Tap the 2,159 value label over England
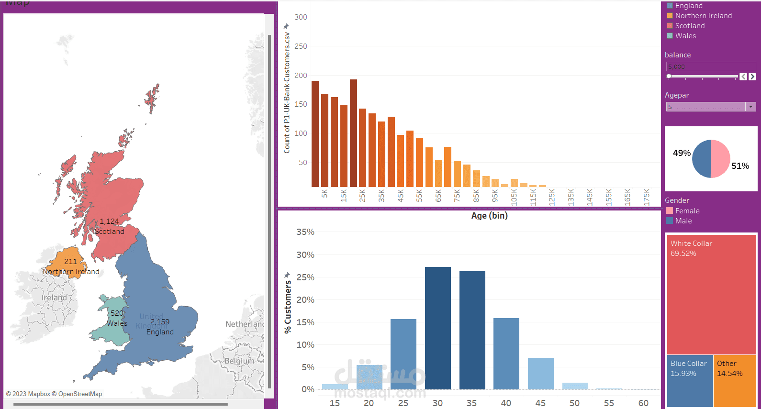click(x=160, y=322)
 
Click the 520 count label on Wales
click(x=117, y=313)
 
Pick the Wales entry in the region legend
click(x=685, y=36)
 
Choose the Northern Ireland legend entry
click(x=703, y=16)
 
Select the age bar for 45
click(x=540, y=374)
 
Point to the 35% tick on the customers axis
click(x=305, y=232)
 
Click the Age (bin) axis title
click(x=489, y=216)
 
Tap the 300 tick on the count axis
click(x=301, y=17)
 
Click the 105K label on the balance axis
click(x=514, y=197)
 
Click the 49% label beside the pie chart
click(x=682, y=153)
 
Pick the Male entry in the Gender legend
click(x=683, y=221)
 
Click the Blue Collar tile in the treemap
click(x=690, y=381)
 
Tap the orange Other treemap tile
click(x=734, y=381)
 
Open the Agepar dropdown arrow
click(x=750, y=107)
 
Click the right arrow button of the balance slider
click(x=752, y=77)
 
